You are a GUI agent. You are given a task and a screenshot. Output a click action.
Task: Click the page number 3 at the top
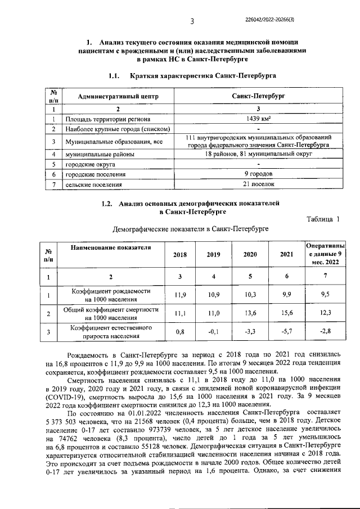[x=192, y=21]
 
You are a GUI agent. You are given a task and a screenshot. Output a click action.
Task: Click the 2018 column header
[x=180, y=255]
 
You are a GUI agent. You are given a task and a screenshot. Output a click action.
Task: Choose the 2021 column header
[x=287, y=255]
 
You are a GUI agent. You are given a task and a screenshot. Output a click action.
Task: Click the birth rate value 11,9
[x=180, y=294]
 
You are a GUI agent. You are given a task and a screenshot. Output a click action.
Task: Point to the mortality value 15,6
[x=287, y=313]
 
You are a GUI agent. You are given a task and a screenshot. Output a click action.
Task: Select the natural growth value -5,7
[x=287, y=332]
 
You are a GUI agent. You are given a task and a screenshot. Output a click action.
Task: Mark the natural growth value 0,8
[x=180, y=332]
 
